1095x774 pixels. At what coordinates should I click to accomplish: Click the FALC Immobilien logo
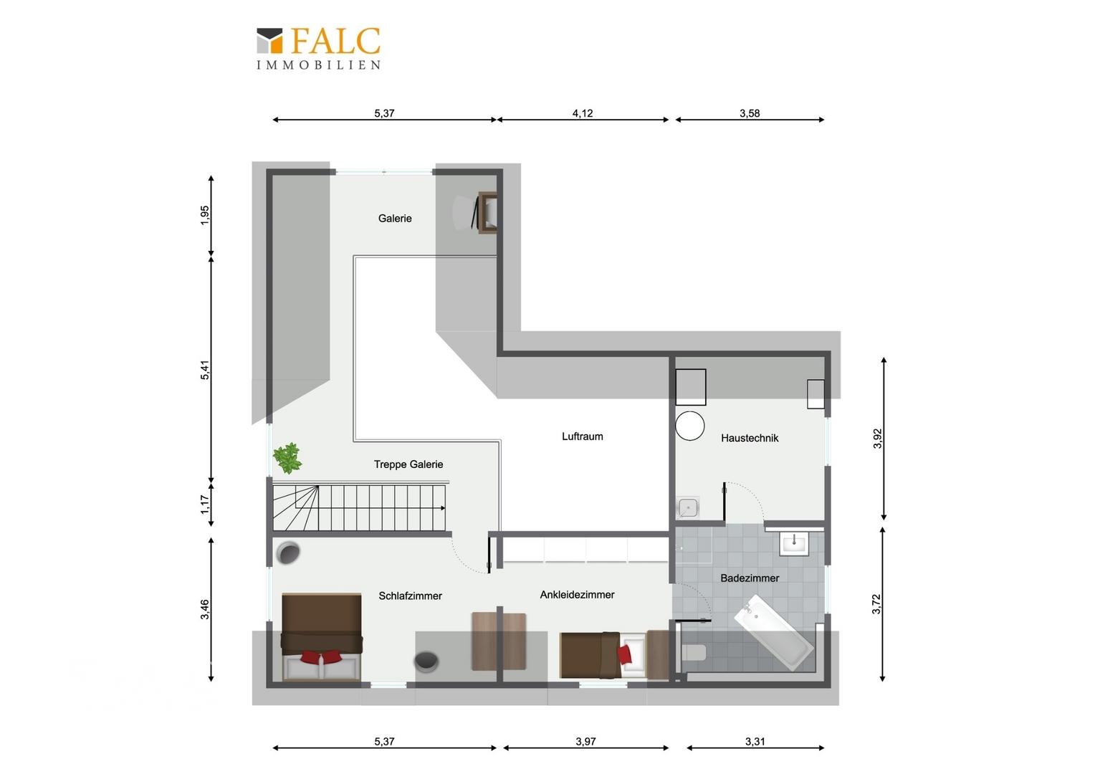pyautogui.click(x=319, y=49)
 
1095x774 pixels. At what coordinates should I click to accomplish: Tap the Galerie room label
pyautogui.click(x=394, y=219)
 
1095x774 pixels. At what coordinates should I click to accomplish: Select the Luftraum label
pyautogui.click(x=582, y=436)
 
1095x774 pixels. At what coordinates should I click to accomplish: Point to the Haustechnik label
pyautogui.click(x=750, y=438)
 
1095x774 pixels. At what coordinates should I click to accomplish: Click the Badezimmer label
pyautogui.click(x=750, y=578)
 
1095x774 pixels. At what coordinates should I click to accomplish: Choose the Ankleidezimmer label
pyautogui.click(x=577, y=595)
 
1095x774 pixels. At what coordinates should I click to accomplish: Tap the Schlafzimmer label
pyautogui.click(x=410, y=596)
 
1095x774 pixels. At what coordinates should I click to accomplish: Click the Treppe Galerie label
pyautogui.click(x=408, y=464)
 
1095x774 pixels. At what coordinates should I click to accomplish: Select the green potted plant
pyautogui.click(x=287, y=458)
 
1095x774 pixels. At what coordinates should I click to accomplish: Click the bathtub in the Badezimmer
pyautogui.click(x=773, y=631)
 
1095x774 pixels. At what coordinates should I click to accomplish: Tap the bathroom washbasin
pyautogui.click(x=794, y=544)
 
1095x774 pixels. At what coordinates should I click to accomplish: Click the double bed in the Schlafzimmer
pyautogui.click(x=322, y=636)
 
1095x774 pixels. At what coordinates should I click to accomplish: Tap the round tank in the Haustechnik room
pyautogui.click(x=690, y=426)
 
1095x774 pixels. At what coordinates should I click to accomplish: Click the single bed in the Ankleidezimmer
pyautogui.click(x=603, y=655)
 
